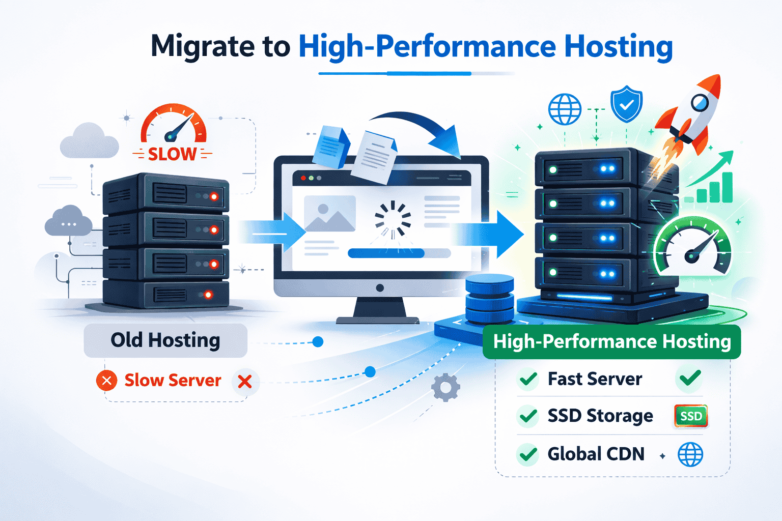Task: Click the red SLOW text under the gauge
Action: (x=172, y=154)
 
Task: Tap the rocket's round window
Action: (x=700, y=103)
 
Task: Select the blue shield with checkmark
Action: (x=626, y=104)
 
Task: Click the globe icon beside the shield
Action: (x=565, y=109)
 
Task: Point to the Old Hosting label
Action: (x=165, y=340)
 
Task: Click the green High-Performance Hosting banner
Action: (x=611, y=341)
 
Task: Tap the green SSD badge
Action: (x=691, y=416)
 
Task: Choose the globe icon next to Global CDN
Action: (x=690, y=454)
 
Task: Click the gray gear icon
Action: (x=445, y=388)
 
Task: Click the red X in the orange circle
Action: (x=107, y=381)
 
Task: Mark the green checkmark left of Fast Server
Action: (x=528, y=379)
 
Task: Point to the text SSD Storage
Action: (x=600, y=416)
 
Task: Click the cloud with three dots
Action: (x=68, y=221)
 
